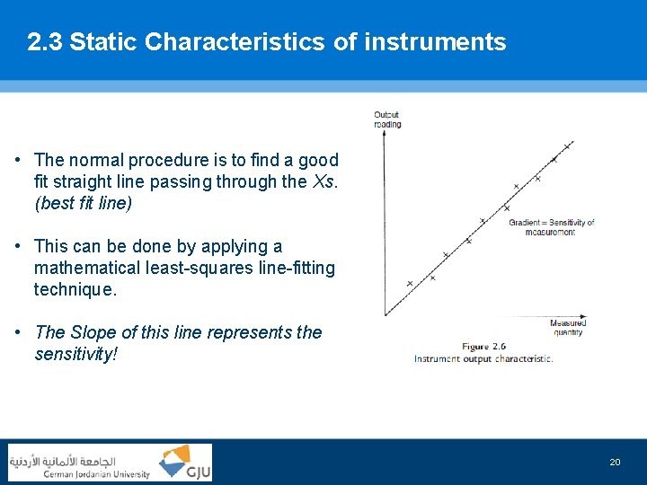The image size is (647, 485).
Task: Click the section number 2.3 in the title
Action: [x=45, y=42]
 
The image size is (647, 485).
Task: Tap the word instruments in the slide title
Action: [x=435, y=42]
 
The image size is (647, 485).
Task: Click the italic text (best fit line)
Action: [x=83, y=203]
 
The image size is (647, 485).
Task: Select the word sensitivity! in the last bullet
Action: [x=75, y=354]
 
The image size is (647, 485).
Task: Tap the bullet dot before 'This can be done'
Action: [x=18, y=247]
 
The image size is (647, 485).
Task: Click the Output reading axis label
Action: [x=387, y=119]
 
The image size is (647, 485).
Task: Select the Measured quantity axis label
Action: [x=568, y=327]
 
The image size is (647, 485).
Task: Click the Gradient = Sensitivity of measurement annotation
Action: [x=551, y=226]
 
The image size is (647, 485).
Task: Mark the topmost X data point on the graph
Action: [x=566, y=145]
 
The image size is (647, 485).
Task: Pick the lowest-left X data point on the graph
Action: [x=410, y=283]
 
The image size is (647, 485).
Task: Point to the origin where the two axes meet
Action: [x=386, y=315]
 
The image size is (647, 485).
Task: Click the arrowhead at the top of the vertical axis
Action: [x=386, y=135]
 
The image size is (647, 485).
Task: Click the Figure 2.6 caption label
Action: [x=483, y=346]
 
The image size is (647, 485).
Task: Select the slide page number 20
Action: [x=615, y=462]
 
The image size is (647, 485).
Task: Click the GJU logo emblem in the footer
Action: [x=184, y=463]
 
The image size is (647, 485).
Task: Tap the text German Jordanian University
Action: [x=97, y=473]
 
